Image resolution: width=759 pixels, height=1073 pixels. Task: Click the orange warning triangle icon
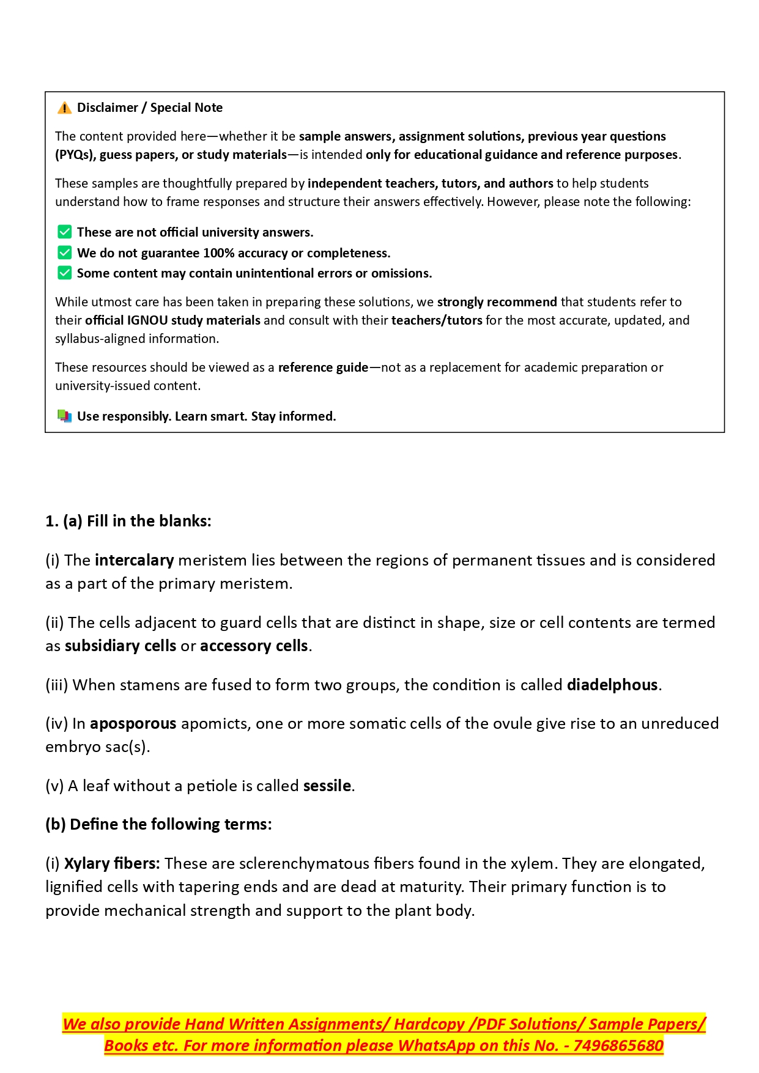click(64, 108)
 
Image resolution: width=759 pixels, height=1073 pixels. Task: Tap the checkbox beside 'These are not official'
click(64, 232)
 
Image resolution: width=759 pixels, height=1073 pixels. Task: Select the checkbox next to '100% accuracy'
click(64, 253)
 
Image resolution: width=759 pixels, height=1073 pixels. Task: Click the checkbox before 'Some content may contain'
click(64, 273)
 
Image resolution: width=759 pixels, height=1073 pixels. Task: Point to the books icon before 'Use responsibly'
click(64, 416)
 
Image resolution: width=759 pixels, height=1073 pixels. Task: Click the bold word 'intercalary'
click(135, 561)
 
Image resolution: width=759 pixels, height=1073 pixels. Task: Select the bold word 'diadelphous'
click(612, 685)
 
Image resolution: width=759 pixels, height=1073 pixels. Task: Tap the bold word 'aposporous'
click(133, 724)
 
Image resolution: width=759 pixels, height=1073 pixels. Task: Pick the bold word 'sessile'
click(327, 786)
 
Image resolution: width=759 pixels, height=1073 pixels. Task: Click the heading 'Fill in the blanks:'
click(149, 522)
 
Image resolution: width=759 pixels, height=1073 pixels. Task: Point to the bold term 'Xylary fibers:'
click(112, 864)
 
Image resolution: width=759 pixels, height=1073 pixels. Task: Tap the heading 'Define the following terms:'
click(171, 825)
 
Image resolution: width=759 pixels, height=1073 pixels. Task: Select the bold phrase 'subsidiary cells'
click(120, 646)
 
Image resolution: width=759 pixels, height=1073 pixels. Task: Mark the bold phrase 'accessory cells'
click(254, 646)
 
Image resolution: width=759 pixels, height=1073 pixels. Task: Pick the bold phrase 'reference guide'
click(323, 367)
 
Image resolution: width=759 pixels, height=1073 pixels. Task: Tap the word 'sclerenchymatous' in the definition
click(304, 864)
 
